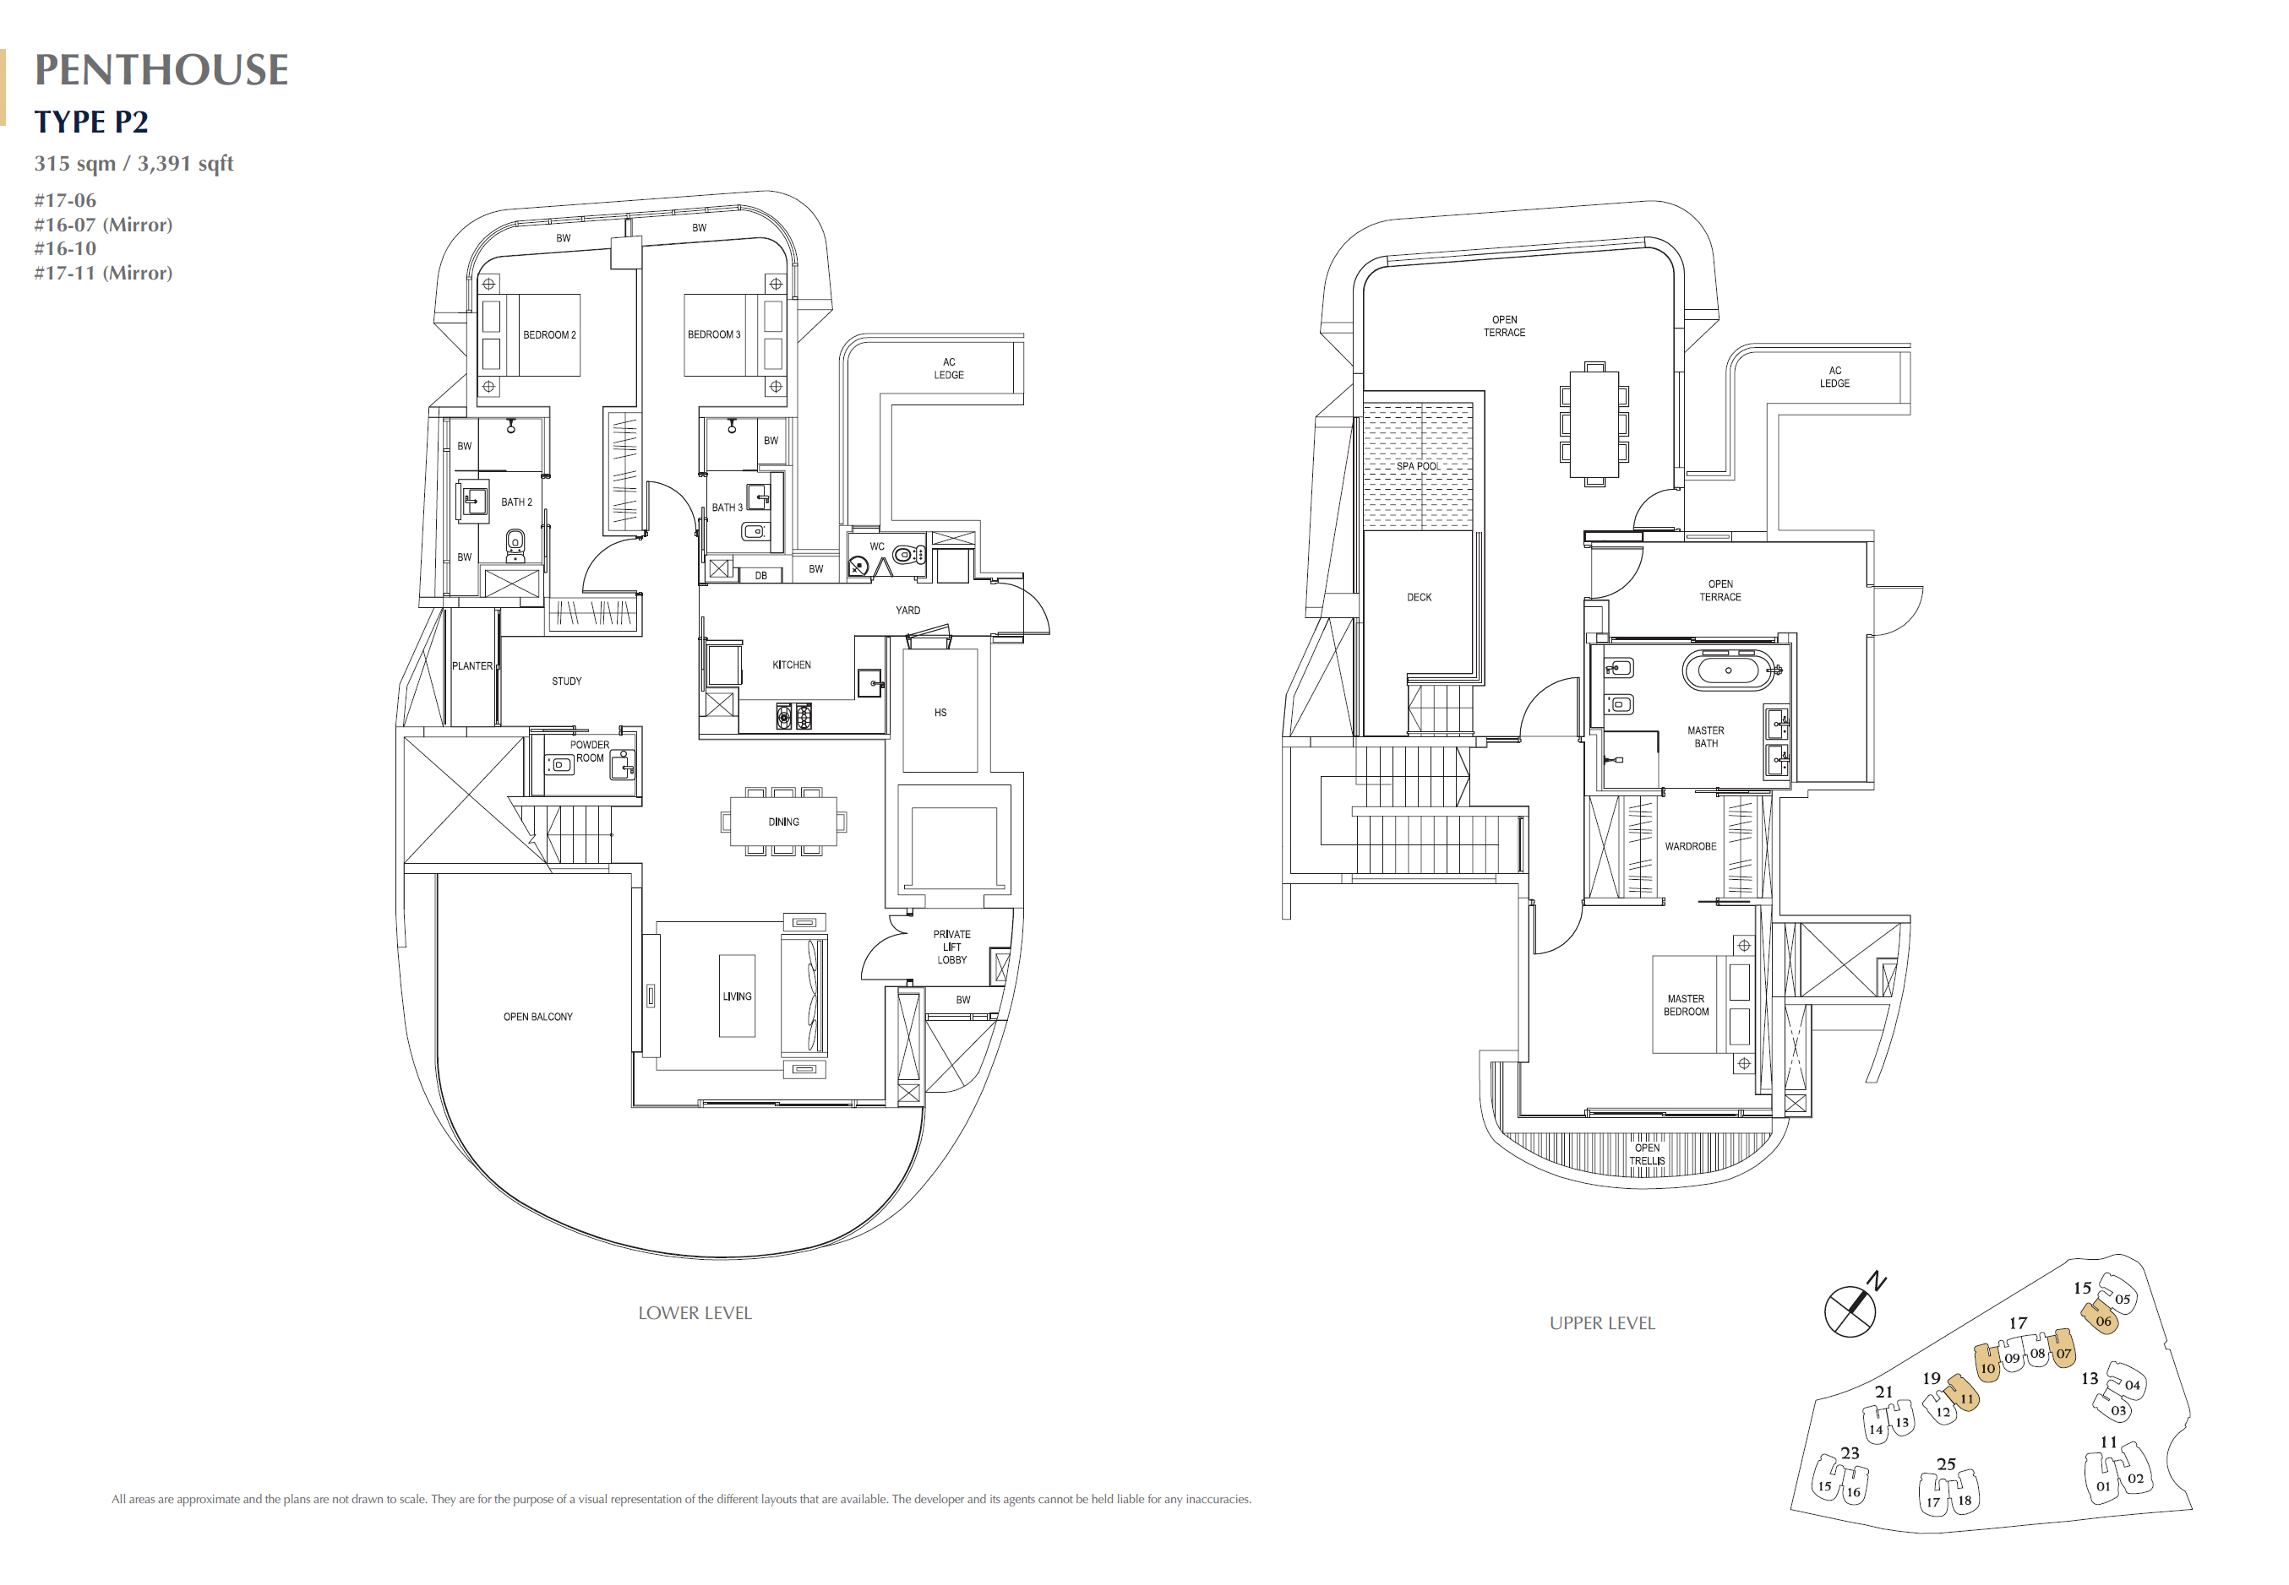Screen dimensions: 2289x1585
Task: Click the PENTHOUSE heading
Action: point(161,69)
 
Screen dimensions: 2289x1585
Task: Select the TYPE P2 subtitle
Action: point(91,121)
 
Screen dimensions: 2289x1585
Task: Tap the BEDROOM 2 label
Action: point(549,334)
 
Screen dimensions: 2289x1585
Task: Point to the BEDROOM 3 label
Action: point(714,334)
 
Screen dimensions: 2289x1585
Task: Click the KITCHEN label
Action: point(792,665)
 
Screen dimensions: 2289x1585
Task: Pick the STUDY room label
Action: point(567,681)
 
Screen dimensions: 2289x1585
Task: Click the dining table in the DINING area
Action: point(783,822)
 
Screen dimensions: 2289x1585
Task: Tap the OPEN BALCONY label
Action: point(537,1017)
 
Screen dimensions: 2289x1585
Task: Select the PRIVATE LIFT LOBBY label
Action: point(951,947)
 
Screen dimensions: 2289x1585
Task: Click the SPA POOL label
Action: point(1418,466)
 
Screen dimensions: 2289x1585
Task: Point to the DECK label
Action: point(1420,598)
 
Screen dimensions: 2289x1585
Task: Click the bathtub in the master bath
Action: point(1728,670)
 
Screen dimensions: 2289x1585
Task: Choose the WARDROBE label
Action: point(1691,846)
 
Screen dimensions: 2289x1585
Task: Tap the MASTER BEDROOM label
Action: point(1686,1005)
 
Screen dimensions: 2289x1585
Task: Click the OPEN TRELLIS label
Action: point(1647,1154)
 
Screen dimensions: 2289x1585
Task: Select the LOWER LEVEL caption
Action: point(695,1313)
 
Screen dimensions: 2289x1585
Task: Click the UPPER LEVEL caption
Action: point(1603,1323)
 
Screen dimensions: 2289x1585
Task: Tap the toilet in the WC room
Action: point(907,555)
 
